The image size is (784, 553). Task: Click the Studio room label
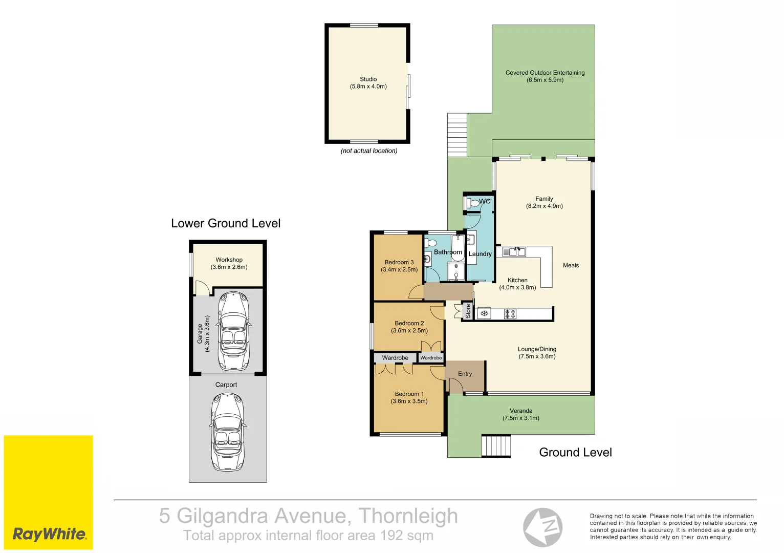coord(368,79)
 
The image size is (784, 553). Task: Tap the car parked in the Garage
coord(233,331)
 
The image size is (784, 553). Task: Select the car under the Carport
coord(227,432)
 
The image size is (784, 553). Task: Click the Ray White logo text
coord(49,534)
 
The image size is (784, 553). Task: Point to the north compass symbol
coord(542,527)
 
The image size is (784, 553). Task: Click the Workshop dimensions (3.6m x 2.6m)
coord(229,267)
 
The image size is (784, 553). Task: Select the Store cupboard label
coord(468,311)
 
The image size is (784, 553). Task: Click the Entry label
coord(465,374)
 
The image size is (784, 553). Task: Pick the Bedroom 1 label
coord(409,394)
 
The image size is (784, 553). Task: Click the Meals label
coord(571,265)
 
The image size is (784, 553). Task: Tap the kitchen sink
coord(514,251)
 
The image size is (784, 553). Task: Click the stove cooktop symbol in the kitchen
coord(510,314)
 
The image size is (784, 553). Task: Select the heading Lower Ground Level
coord(226,223)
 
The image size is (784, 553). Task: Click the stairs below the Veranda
coord(496,445)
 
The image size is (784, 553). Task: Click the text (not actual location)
coord(368,151)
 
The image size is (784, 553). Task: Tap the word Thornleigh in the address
coord(408,516)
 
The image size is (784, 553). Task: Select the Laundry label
coord(480,254)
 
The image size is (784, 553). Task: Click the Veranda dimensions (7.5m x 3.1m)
coord(520,418)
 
